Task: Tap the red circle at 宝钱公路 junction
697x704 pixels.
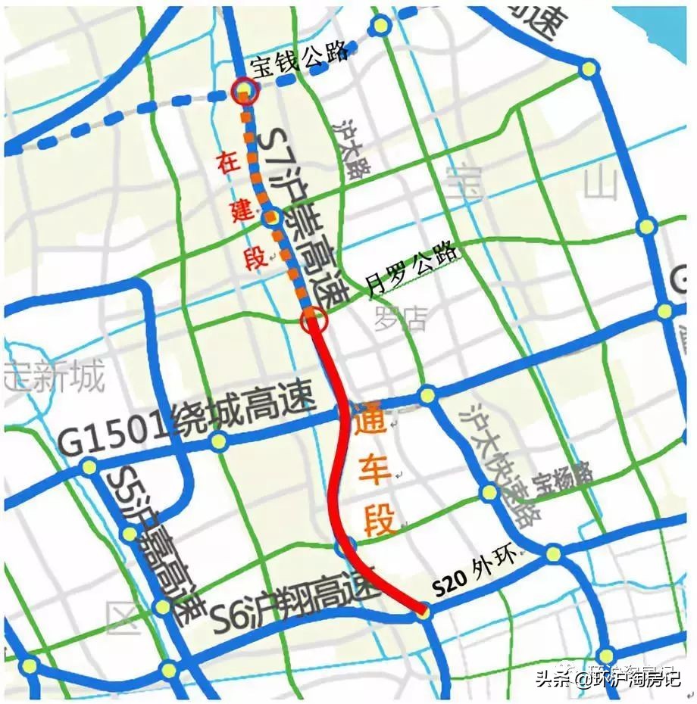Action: tap(244, 92)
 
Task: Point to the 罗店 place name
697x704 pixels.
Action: tap(401, 318)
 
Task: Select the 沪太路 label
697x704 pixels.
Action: tap(352, 148)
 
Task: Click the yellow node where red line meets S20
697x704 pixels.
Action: tap(423, 610)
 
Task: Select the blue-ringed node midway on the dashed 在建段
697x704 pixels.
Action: tap(271, 218)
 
